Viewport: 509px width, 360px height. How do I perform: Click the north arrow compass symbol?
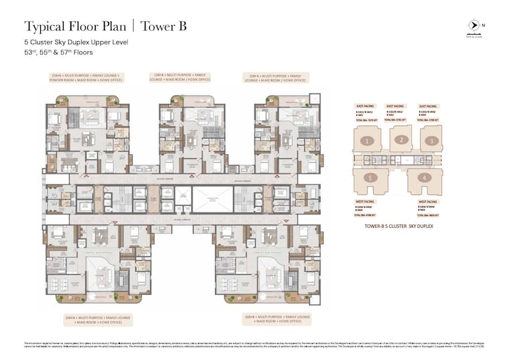474,26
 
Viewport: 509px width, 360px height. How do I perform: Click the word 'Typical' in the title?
48,27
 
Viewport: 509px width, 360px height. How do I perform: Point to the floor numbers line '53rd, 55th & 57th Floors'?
58,52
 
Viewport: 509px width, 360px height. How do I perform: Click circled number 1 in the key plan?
366,141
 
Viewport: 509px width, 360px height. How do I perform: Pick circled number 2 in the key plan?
401,139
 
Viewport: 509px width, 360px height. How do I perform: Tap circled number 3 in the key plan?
433,141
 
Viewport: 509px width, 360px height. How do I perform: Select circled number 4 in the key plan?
423,178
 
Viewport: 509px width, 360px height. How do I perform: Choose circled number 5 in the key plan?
369,178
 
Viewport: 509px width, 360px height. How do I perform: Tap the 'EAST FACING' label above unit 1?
366,106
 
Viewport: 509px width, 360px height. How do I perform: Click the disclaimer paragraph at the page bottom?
254,345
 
